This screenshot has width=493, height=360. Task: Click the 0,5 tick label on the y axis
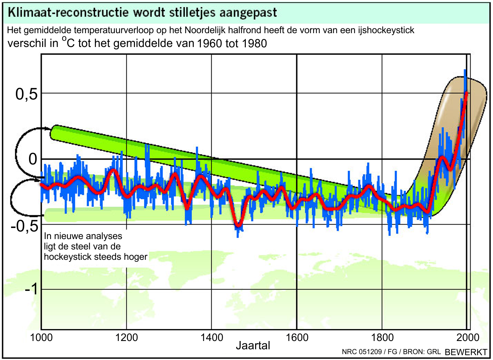[27, 94]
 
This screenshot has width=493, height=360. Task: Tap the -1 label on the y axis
[31, 288]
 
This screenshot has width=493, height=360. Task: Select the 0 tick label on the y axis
[32, 159]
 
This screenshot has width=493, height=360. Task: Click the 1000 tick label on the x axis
[41, 338]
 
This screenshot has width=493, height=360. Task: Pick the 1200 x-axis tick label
[126, 338]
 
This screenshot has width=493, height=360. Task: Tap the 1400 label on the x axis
[212, 338]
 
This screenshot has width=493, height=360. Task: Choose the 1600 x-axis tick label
[297, 338]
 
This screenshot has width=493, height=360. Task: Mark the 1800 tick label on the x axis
[382, 338]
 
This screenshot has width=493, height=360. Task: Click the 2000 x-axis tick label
[468, 338]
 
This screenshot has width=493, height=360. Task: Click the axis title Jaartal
[253, 345]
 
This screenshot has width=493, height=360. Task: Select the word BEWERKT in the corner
[466, 352]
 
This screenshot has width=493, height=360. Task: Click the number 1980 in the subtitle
[254, 44]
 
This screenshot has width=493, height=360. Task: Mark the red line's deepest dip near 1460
[238, 226]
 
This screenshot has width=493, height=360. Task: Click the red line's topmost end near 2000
[466, 93]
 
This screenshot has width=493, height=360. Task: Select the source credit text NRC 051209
[362, 352]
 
